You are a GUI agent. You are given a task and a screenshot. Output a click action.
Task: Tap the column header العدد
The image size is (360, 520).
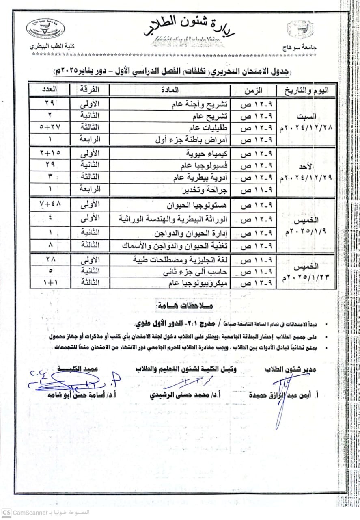[50, 90]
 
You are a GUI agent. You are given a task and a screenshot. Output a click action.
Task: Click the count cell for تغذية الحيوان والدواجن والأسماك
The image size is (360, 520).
[50, 245]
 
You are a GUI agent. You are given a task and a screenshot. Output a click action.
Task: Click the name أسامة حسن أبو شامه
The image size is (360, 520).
[78, 395]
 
